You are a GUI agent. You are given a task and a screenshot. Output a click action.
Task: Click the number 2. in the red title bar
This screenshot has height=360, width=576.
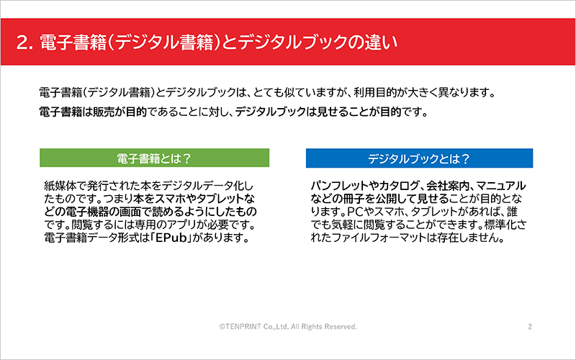point(25,42)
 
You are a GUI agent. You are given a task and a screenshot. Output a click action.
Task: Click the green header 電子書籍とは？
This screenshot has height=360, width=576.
point(154,158)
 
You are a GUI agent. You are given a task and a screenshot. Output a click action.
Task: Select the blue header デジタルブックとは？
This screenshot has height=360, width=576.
point(419,158)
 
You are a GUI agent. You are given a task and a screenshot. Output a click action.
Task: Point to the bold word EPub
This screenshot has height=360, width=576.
point(171,238)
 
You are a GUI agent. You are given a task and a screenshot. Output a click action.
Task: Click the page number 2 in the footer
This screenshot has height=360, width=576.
point(530,326)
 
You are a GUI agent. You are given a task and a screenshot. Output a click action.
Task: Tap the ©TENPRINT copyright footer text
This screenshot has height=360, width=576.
point(288,326)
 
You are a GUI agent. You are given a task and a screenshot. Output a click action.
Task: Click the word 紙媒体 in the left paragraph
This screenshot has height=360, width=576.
point(60,186)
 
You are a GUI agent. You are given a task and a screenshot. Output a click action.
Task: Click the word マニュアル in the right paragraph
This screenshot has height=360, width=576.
point(501,186)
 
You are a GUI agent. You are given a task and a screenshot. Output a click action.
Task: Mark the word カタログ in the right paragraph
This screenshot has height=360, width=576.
point(399,186)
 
